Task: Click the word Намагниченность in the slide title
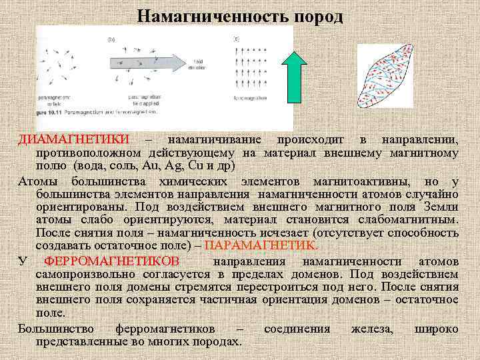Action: (207, 16)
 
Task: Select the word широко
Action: (436, 328)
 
